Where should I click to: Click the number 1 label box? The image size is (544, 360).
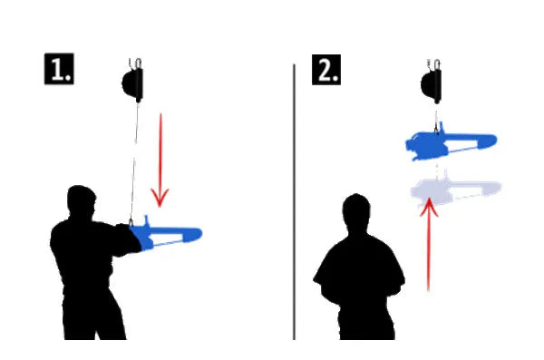click(59, 68)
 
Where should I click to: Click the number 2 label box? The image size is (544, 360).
click(326, 70)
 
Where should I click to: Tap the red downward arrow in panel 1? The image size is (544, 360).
click(160, 160)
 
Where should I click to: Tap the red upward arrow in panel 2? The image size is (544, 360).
click(429, 245)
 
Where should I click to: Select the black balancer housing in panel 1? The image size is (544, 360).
click(133, 84)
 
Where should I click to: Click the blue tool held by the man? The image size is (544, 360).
click(166, 234)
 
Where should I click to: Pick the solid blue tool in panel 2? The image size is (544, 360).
click(451, 141)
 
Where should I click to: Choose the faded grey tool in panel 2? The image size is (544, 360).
click(455, 190)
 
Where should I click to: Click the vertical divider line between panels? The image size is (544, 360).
click(294, 201)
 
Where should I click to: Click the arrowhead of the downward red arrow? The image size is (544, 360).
click(160, 198)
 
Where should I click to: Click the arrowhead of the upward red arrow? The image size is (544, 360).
click(429, 207)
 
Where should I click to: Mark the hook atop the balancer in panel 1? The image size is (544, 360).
click(135, 63)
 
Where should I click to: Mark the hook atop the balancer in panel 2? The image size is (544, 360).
click(433, 64)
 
